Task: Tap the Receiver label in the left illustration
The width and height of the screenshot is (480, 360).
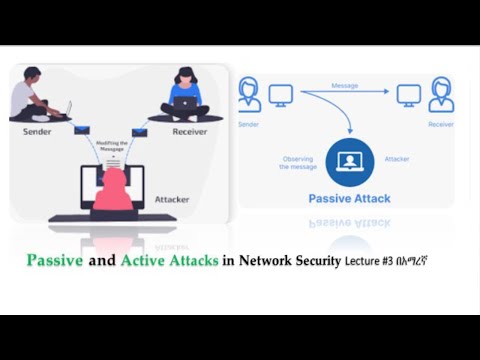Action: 190,131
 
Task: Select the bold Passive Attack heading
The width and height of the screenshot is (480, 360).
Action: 349,199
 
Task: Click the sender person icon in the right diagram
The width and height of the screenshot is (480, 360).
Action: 249,96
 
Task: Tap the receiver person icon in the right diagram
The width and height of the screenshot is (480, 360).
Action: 440,96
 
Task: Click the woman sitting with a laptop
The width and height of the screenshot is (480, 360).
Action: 185,95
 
